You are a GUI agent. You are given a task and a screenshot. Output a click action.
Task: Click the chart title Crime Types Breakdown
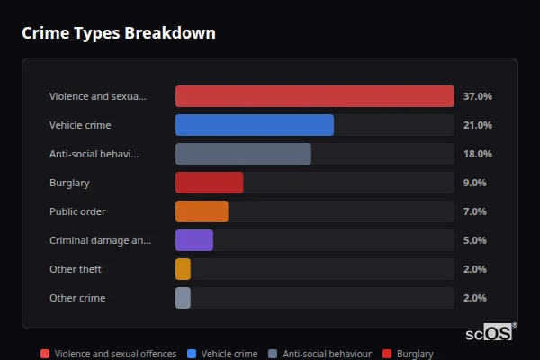(118, 33)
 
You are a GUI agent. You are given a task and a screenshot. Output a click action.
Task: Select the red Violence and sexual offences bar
(314, 96)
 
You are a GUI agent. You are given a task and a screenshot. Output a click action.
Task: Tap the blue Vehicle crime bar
(254, 125)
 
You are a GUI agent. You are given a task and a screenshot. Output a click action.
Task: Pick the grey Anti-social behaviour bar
(243, 154)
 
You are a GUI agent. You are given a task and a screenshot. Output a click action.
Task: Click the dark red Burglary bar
(209, 183)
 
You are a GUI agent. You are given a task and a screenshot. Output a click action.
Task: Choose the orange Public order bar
(202, 211)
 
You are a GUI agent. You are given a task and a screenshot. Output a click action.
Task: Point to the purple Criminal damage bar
(194, 240)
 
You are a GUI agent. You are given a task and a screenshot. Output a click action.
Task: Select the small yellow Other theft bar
(184, 269)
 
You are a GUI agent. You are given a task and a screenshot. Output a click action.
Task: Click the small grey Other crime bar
(184, 298)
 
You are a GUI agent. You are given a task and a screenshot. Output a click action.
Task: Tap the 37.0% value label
(477, 96)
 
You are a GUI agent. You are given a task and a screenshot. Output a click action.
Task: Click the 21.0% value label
(477, 125)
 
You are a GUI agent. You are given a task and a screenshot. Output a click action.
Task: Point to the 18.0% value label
(477, 154)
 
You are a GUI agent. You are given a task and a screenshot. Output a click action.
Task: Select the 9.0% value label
(474, 183)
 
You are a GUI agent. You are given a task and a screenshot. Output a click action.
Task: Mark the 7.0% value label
(474, 211)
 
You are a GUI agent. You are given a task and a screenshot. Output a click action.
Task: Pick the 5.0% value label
(474, 240)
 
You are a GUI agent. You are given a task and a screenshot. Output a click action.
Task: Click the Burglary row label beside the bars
(69, 183)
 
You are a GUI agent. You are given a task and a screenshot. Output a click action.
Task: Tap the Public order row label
(77, 211)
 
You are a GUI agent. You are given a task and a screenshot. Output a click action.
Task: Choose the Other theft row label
(76, 269)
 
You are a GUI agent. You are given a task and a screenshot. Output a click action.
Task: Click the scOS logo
(490, 333)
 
